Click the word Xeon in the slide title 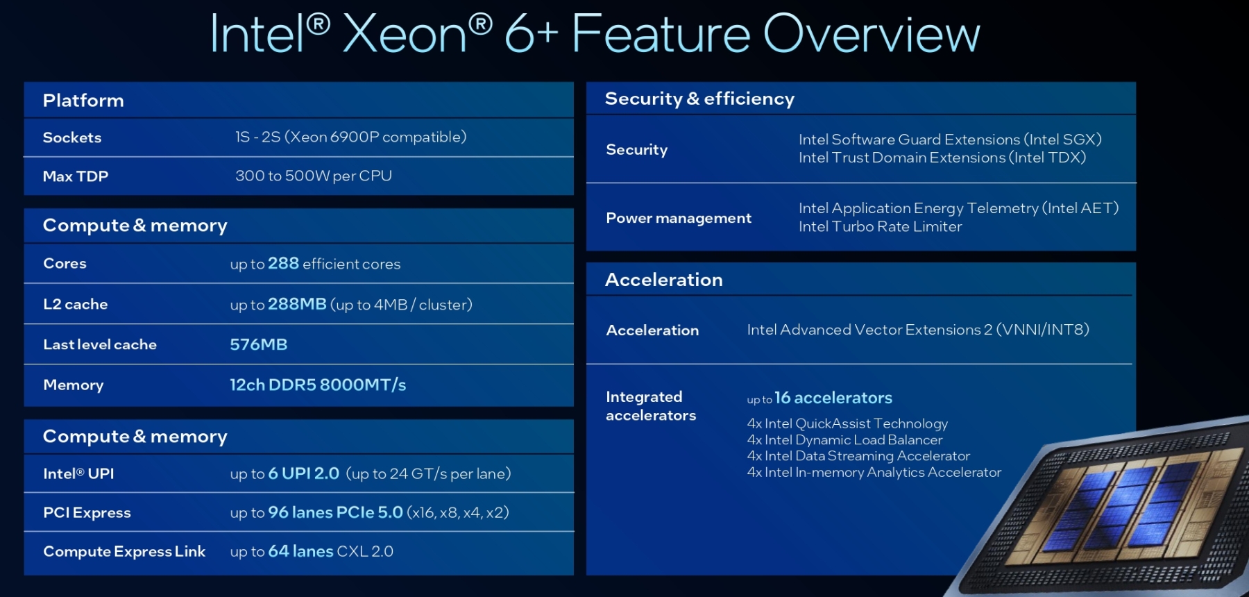click(x=405, y=34)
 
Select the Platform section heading click(x=83, y=101)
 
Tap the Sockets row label click(x=72, y=137)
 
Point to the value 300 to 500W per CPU click(x=314, y=176)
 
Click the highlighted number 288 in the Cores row click(x=283, y=263)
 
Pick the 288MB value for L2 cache click(x=297, y=304)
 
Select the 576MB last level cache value click(x=259, y=344)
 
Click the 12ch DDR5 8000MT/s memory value click(x=318, y=385)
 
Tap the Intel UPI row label click(x=78, y=473)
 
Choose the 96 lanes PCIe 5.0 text click(x=335, y=512)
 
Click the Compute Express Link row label click(x=124, y=551)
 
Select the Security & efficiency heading click(x=699, y=99)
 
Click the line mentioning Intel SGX click(x=950, y=140)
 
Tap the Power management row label click(x=679, y=218)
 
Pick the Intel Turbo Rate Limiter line click(x=880, y=226)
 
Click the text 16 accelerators click(x=833, y=398)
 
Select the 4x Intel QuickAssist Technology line click(x=847, y=423)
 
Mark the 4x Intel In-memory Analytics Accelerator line click(x=874, y=472)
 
